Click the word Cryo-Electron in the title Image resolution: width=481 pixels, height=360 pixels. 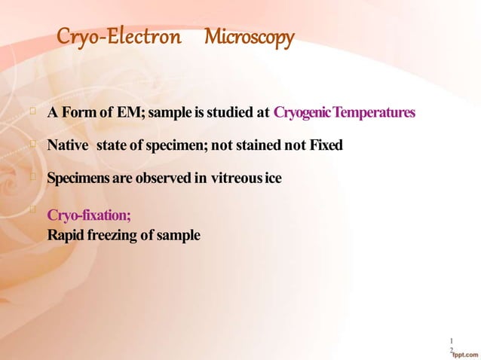click(x=119, y=37)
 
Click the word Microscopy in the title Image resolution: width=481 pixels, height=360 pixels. click(x=249, y=37)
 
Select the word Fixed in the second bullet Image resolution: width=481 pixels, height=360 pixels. click(x=326, y=145)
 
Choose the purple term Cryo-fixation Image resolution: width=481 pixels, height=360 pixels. click(x=89, y=216)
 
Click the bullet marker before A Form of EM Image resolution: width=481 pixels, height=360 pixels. click(x=32, y=112)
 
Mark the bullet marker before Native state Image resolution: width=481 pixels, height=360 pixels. click(x=32, y=144)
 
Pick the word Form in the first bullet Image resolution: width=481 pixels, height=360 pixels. click(x=78, y=113)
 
